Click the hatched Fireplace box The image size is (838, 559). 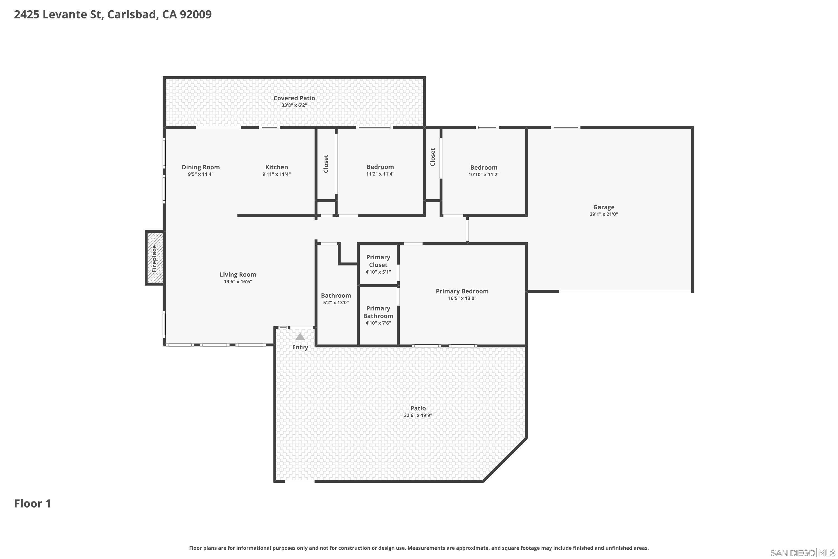tap(154, 258)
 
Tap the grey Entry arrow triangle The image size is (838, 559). tap(300, 337)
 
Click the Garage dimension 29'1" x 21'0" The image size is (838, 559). tap(604, 214)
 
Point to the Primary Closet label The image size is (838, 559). tap(378, 261)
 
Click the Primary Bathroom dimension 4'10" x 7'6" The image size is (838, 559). tap(378, 323)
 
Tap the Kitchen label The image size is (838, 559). tap(277, 167)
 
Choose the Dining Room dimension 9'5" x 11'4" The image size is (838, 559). tap(201, 174)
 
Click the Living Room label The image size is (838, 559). tap(238, 274)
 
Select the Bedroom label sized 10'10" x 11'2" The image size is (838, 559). tap(484, 167)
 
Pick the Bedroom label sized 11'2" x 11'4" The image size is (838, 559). tap(380, 167)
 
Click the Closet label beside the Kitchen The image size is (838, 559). tap(326, 164)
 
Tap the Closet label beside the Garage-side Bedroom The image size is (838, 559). tap(432, 157)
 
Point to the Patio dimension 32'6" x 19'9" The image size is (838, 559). tap(418, 415)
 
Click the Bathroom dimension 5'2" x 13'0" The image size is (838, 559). tap(336, 303)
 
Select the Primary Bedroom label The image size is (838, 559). tap(462, 291)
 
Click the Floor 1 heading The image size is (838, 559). tap(32, 503)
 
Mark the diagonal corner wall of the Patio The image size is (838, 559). tap(505, 460)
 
